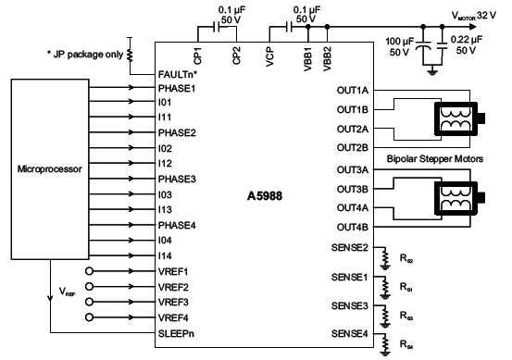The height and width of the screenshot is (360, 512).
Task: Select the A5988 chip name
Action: tap(267, 196)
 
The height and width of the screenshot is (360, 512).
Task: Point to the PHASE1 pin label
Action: tap(176, 89)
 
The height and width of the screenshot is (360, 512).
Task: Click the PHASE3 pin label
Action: tap(176, 179)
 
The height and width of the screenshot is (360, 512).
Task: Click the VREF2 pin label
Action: tap(174, 287)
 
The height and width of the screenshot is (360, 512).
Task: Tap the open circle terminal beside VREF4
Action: tap(90, 317)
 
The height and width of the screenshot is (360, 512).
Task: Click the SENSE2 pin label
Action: tap(349, 248)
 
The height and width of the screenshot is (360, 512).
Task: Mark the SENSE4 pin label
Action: tap(349, 332)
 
